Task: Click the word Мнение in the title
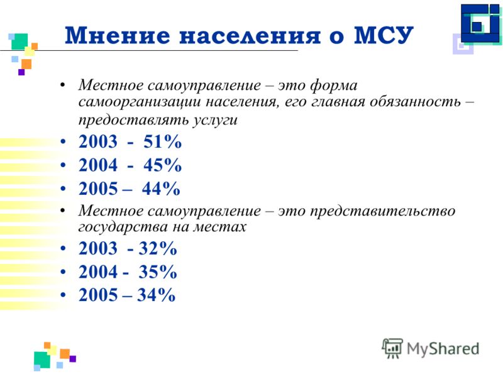click(118, 35)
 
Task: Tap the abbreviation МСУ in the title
click(384, 35)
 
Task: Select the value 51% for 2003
click(162, 141)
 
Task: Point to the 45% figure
click(162, 165)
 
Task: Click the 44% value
click(161, 188)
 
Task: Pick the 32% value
click(158, 248)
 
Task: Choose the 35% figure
click(158, 272)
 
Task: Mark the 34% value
click(156, 295)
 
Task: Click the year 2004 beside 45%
click(98, 165)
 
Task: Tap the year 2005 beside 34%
click(98, 295)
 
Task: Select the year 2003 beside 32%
click(98, 248)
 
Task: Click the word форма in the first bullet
click(334, 85)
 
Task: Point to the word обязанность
click(416, 102)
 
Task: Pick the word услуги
click(215, 120)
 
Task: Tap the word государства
click(123, 227)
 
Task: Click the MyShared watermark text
click(443, 349)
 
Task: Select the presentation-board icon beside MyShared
click(392, 348)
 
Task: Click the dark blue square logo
click(480, 24)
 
